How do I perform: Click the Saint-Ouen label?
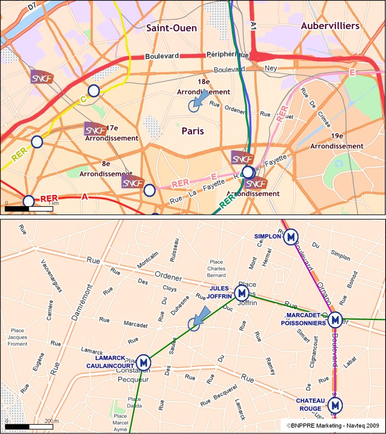click(172, 28)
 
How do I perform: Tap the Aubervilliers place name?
click(330, 26)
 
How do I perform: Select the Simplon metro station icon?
click(291, 237)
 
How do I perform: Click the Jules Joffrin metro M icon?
click(241, 293)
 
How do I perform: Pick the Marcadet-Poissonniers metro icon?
click(335, 320)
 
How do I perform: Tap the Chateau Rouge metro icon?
click(335, 404)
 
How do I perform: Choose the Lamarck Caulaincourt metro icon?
click(144, 362)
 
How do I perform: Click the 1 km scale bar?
click(28, 208)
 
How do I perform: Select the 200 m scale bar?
click(28, 427)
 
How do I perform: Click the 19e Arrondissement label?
click(337, 141)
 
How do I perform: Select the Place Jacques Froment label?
click(17, 337)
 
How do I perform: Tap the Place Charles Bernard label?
click(217, 269)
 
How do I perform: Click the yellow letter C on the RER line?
click(83, 99)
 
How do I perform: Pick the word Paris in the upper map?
click(193, 131)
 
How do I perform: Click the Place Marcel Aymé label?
click(120, 422)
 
